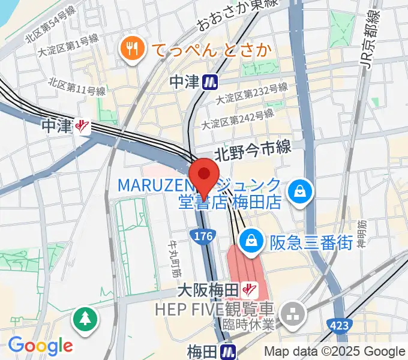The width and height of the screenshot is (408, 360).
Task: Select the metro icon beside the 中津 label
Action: click(x=209, y=81)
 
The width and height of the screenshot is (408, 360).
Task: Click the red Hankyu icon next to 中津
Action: click(x=82, y=126)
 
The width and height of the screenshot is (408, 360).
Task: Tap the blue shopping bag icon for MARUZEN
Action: click(x=298, y=192)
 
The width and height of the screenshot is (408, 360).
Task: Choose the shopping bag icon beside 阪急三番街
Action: click(x=248, y=241)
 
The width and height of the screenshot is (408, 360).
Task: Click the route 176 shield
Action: click(x=204, y=237)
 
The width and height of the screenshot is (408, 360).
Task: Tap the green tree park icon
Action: click(x=85, y=318)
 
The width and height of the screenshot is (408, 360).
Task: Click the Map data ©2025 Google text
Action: click(x=335, y=352)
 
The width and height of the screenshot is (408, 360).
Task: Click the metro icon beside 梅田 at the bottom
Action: click(x=228, y=350)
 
